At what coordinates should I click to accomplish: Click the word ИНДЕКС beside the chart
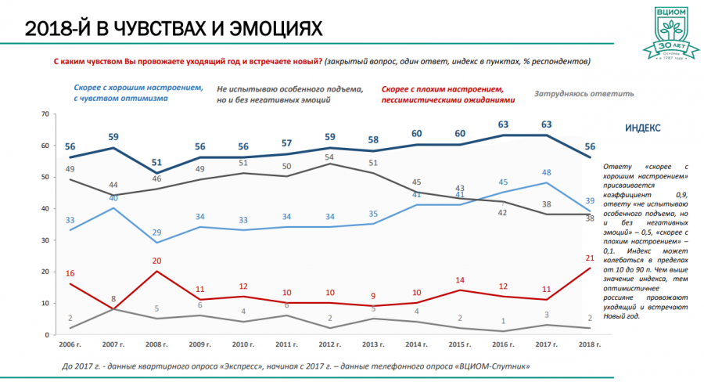[x=642, y=128]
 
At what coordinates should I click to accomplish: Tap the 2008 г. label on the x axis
[x=159, y=344]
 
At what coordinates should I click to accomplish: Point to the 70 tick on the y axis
[x=45, y=114]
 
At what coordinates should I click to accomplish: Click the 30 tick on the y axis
[x=45, y=240]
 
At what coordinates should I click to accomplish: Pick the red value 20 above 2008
[x=156, y=261]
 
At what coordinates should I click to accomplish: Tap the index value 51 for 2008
[x=156, y=164]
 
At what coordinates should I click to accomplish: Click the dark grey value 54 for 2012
[x=330, y=157]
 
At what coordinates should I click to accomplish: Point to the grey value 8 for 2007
[x=114, y=299]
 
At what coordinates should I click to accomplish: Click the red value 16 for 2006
[x=70, y=273]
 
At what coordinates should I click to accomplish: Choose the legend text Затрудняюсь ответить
[x=583, y=94]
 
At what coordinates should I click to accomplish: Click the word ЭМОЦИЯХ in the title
[x=266, y=30]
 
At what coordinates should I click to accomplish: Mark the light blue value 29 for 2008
[x=156, y=232]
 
